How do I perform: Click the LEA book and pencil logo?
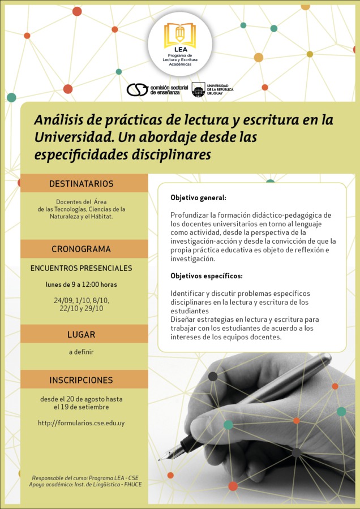tap(180, 35)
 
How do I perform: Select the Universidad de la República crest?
tap(198, 89)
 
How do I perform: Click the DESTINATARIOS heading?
tap(82, 184)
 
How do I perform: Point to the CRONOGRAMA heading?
tap(82, 249)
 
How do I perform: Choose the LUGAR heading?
tap(82, 334)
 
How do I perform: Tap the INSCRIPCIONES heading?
tap(82, 380)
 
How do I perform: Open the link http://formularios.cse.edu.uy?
tap(82, 423)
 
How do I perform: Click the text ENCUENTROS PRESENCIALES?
tap(82, 268)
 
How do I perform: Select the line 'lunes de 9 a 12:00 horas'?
tap(82, 284)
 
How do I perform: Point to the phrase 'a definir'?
tap(82, 352)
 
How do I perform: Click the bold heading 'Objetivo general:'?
tap(198, 198)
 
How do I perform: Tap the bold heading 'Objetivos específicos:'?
tap(207, 276)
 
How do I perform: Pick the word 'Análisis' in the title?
tap(58, 120)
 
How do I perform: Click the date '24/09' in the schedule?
tap(63, 300)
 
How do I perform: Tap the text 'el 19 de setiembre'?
tap(82, 407)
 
